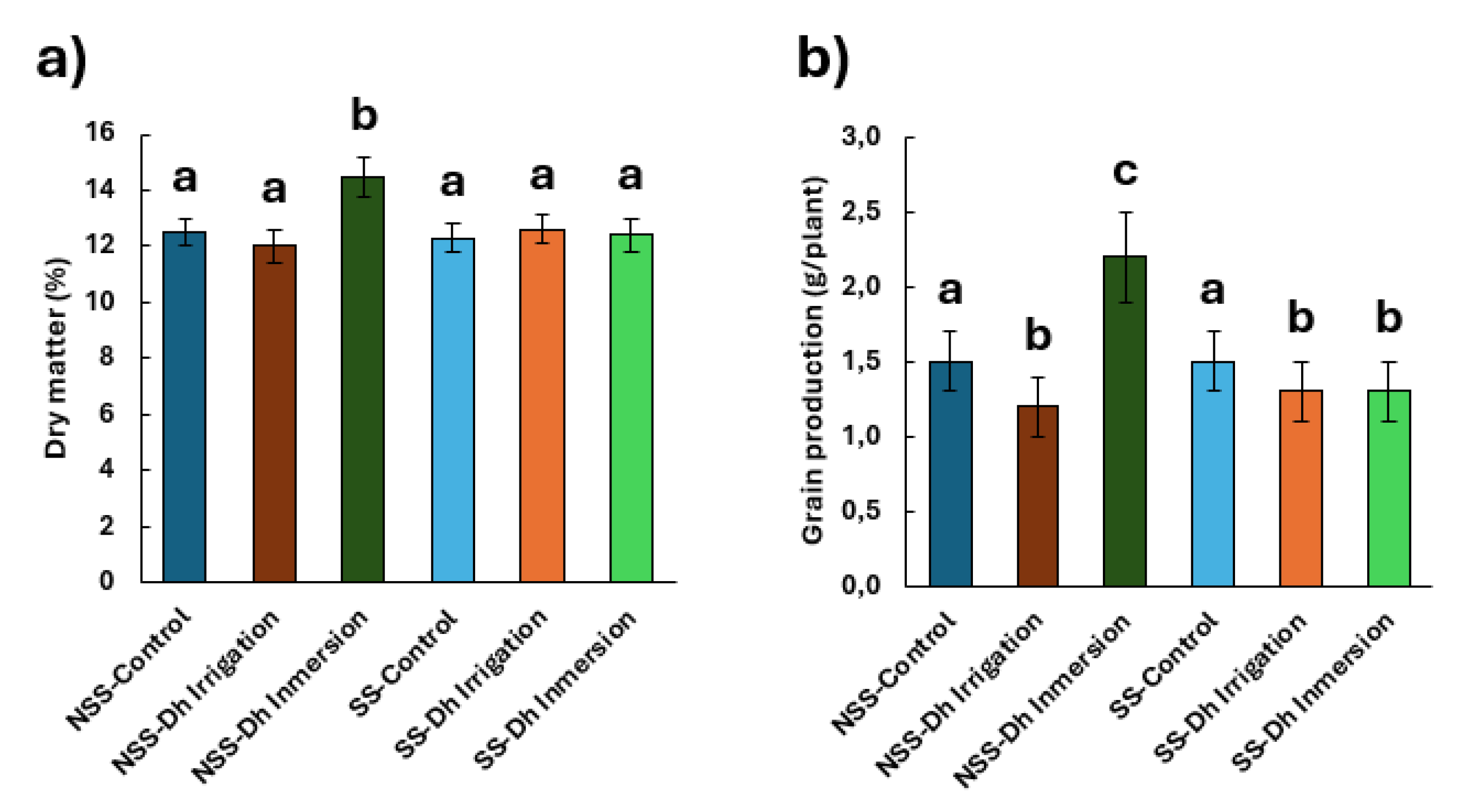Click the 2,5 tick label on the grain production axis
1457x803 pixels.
(861, 212)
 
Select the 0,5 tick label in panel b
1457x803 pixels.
(861, 511)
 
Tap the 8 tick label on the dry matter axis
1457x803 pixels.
(106, 358)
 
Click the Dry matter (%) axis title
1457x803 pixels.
(57, 358)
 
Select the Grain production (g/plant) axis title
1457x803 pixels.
(813, 360)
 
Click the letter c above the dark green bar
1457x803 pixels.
(1125, 171)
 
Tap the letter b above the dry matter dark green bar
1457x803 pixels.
(364, 115)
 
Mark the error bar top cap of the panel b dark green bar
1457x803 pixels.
(1126, 212)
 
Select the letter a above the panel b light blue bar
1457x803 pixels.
(1212, 290)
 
